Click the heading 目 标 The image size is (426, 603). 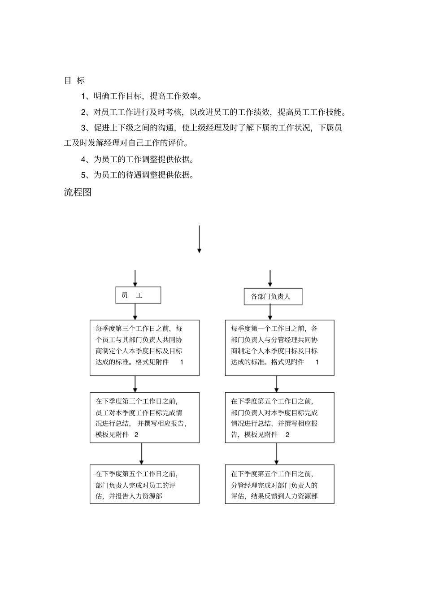tap(74, 81)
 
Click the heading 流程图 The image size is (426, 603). tap(78, 192)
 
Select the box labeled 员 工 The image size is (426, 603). tap(138, 295)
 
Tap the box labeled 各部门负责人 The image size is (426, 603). tap(273, 297)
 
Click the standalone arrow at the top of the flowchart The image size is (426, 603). tap(199, 239)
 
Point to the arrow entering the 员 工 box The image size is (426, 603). tap(135, 278)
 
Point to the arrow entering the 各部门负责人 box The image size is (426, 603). tap(270, 278)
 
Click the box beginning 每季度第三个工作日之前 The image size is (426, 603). tap(144, 347)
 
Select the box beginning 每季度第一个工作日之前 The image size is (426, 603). tap(279, 347)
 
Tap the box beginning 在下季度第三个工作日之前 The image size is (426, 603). tap(144, 417)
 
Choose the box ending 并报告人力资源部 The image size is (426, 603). tap(144, 484)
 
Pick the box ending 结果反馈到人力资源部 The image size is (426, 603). tap(279, 484)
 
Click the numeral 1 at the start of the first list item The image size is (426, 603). tap(83, 96)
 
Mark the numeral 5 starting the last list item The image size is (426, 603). tap(83, 175)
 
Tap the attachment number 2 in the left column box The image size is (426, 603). tap(136, 434)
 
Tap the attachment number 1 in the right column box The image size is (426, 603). tap(317, 362)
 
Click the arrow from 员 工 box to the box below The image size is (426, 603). tap(135, 312)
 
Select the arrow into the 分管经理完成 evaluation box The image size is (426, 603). tap(276, 454)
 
